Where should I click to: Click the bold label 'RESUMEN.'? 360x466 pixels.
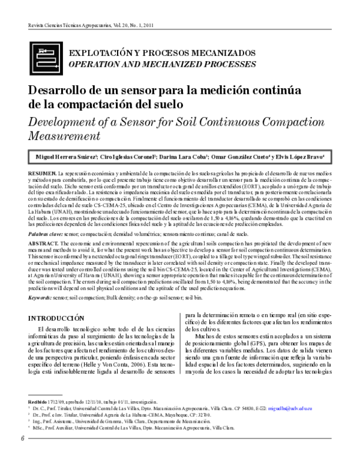tap(42, 172)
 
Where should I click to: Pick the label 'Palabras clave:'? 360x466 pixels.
tap(46, 231)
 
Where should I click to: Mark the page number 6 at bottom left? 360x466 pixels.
tap(22, 454)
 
